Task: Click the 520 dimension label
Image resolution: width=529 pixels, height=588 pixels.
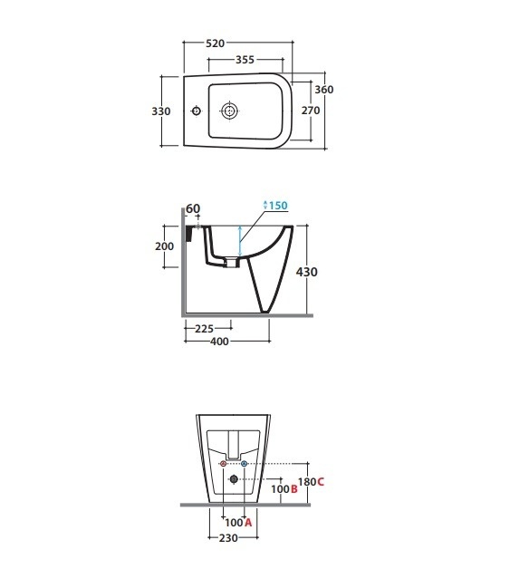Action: [216, 43]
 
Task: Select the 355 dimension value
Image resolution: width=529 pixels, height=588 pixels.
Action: [245, 60]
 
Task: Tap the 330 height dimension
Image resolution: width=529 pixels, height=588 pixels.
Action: [161, 111]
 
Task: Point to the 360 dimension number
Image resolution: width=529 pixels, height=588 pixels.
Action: [323, 90]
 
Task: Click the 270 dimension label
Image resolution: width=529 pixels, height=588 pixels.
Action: [311, 111]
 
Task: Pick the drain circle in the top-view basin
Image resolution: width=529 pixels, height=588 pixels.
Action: [229, 111]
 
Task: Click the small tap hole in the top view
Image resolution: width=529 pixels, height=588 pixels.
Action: [196, 111]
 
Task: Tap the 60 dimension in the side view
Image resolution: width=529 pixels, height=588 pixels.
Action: [193, 208]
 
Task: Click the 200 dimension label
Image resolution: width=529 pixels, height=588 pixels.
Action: [164, 246]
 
